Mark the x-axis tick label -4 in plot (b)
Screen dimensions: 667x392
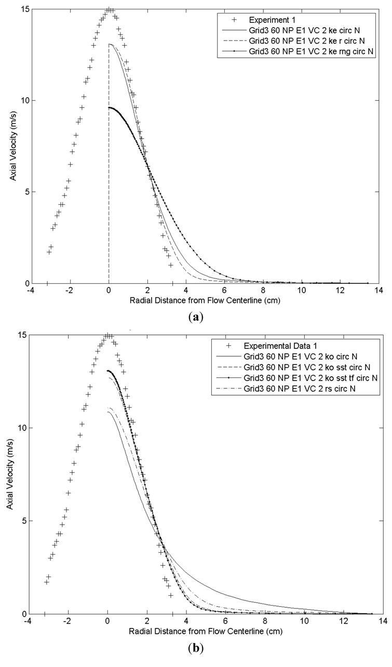click(x=26, y=620)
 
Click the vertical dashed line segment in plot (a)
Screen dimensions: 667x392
click(x=109, y=156)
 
